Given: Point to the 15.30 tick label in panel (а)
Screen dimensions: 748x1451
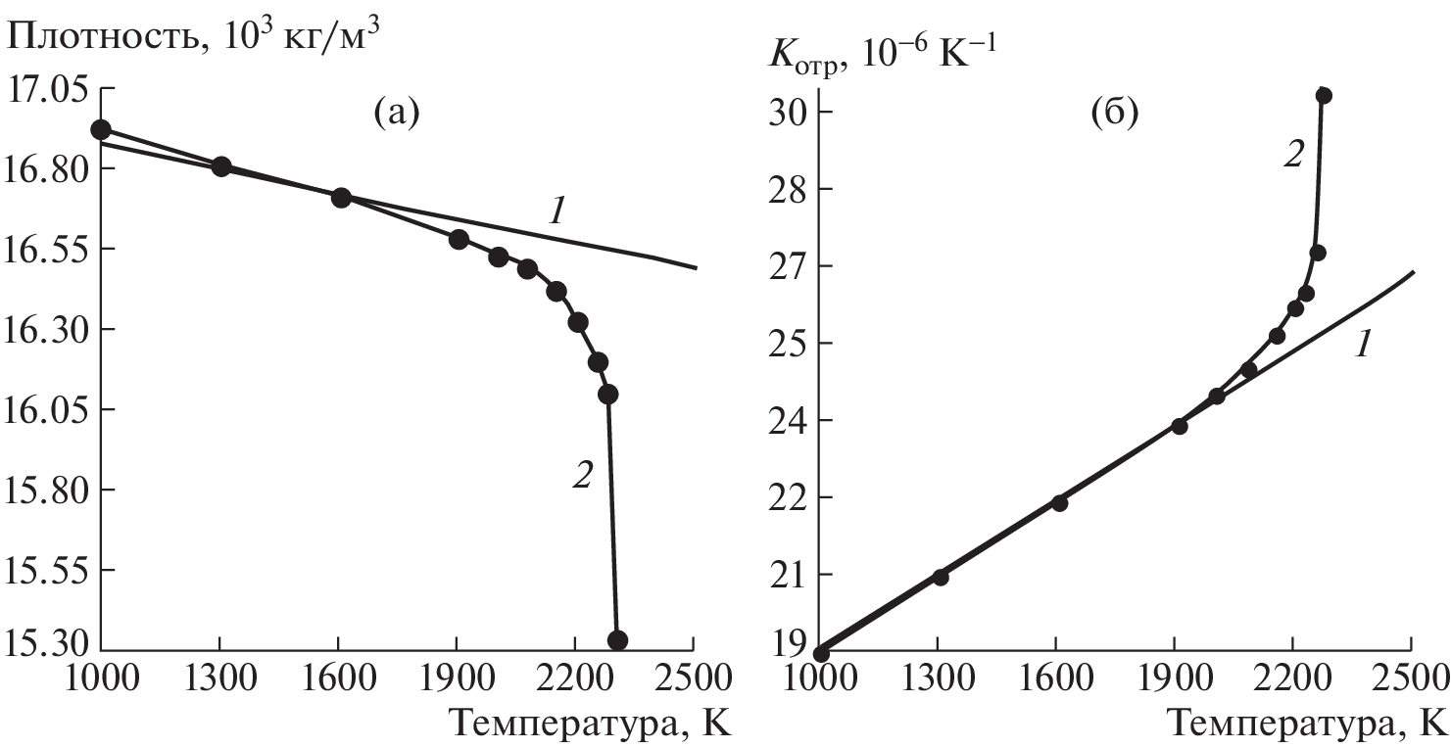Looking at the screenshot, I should tap(46, 643).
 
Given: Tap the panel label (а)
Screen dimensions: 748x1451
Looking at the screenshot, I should tap(397, 115).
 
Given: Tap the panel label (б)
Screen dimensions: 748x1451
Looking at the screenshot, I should tap(1114, 115).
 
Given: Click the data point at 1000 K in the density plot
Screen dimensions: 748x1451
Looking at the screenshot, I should tap(100, 130).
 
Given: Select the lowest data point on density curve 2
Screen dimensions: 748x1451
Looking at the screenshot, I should tap(617, 640).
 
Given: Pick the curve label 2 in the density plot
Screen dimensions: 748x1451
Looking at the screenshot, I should tap(582, 476).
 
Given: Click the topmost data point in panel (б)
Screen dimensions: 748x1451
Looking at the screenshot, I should tap(1324, 95).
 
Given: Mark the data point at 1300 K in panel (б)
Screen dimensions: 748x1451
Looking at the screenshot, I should tap(941, 577).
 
